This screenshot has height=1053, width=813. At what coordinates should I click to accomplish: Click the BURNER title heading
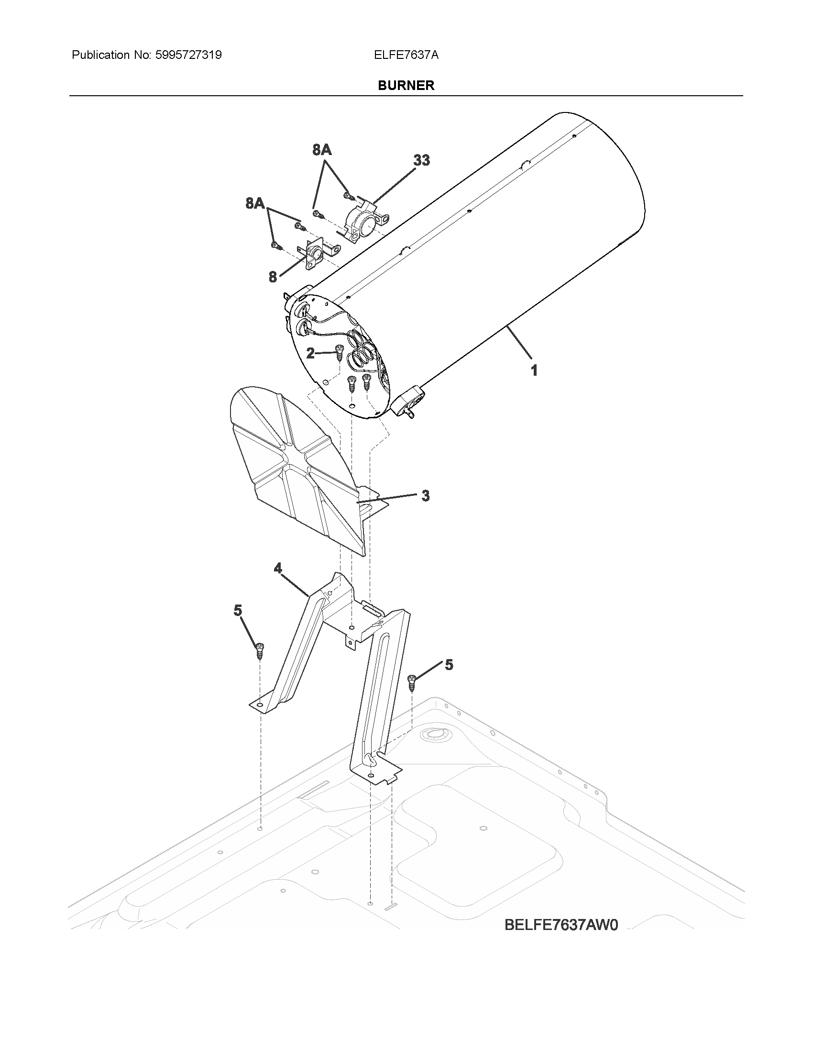pyautogui.click(x=406, y=85)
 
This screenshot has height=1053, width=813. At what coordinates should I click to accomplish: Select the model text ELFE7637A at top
pyautogui.click(x=406, y=55)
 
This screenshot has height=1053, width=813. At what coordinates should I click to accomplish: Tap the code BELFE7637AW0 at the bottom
pyautogui.click(x=560, y=925)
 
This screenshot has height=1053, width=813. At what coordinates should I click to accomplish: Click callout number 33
pyautogui.click(x=421, y=160)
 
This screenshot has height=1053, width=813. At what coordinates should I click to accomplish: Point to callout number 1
pyautogui.click(x=534, y=370)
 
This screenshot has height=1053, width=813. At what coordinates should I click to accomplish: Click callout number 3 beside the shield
pyautogui.click(x=425, y=496)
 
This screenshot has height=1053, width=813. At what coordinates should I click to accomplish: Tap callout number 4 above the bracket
pyautogui.click(x=278, y=569)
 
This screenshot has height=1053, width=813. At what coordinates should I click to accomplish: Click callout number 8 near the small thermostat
pyautogui.click(x=273, y=277)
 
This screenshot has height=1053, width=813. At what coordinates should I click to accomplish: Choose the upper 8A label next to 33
pyautogui.click(x=322, y=150)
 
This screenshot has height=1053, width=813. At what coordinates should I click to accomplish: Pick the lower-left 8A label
pyautogui.click(x=255, y=203)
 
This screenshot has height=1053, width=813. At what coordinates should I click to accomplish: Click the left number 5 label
pyautogui.click(x=238, y=610)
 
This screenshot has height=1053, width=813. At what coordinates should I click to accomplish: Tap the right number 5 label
pyautogui.click(x=449, y=665)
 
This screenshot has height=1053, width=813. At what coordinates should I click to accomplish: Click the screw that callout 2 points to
pyautogui.click(x=339, y=352)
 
